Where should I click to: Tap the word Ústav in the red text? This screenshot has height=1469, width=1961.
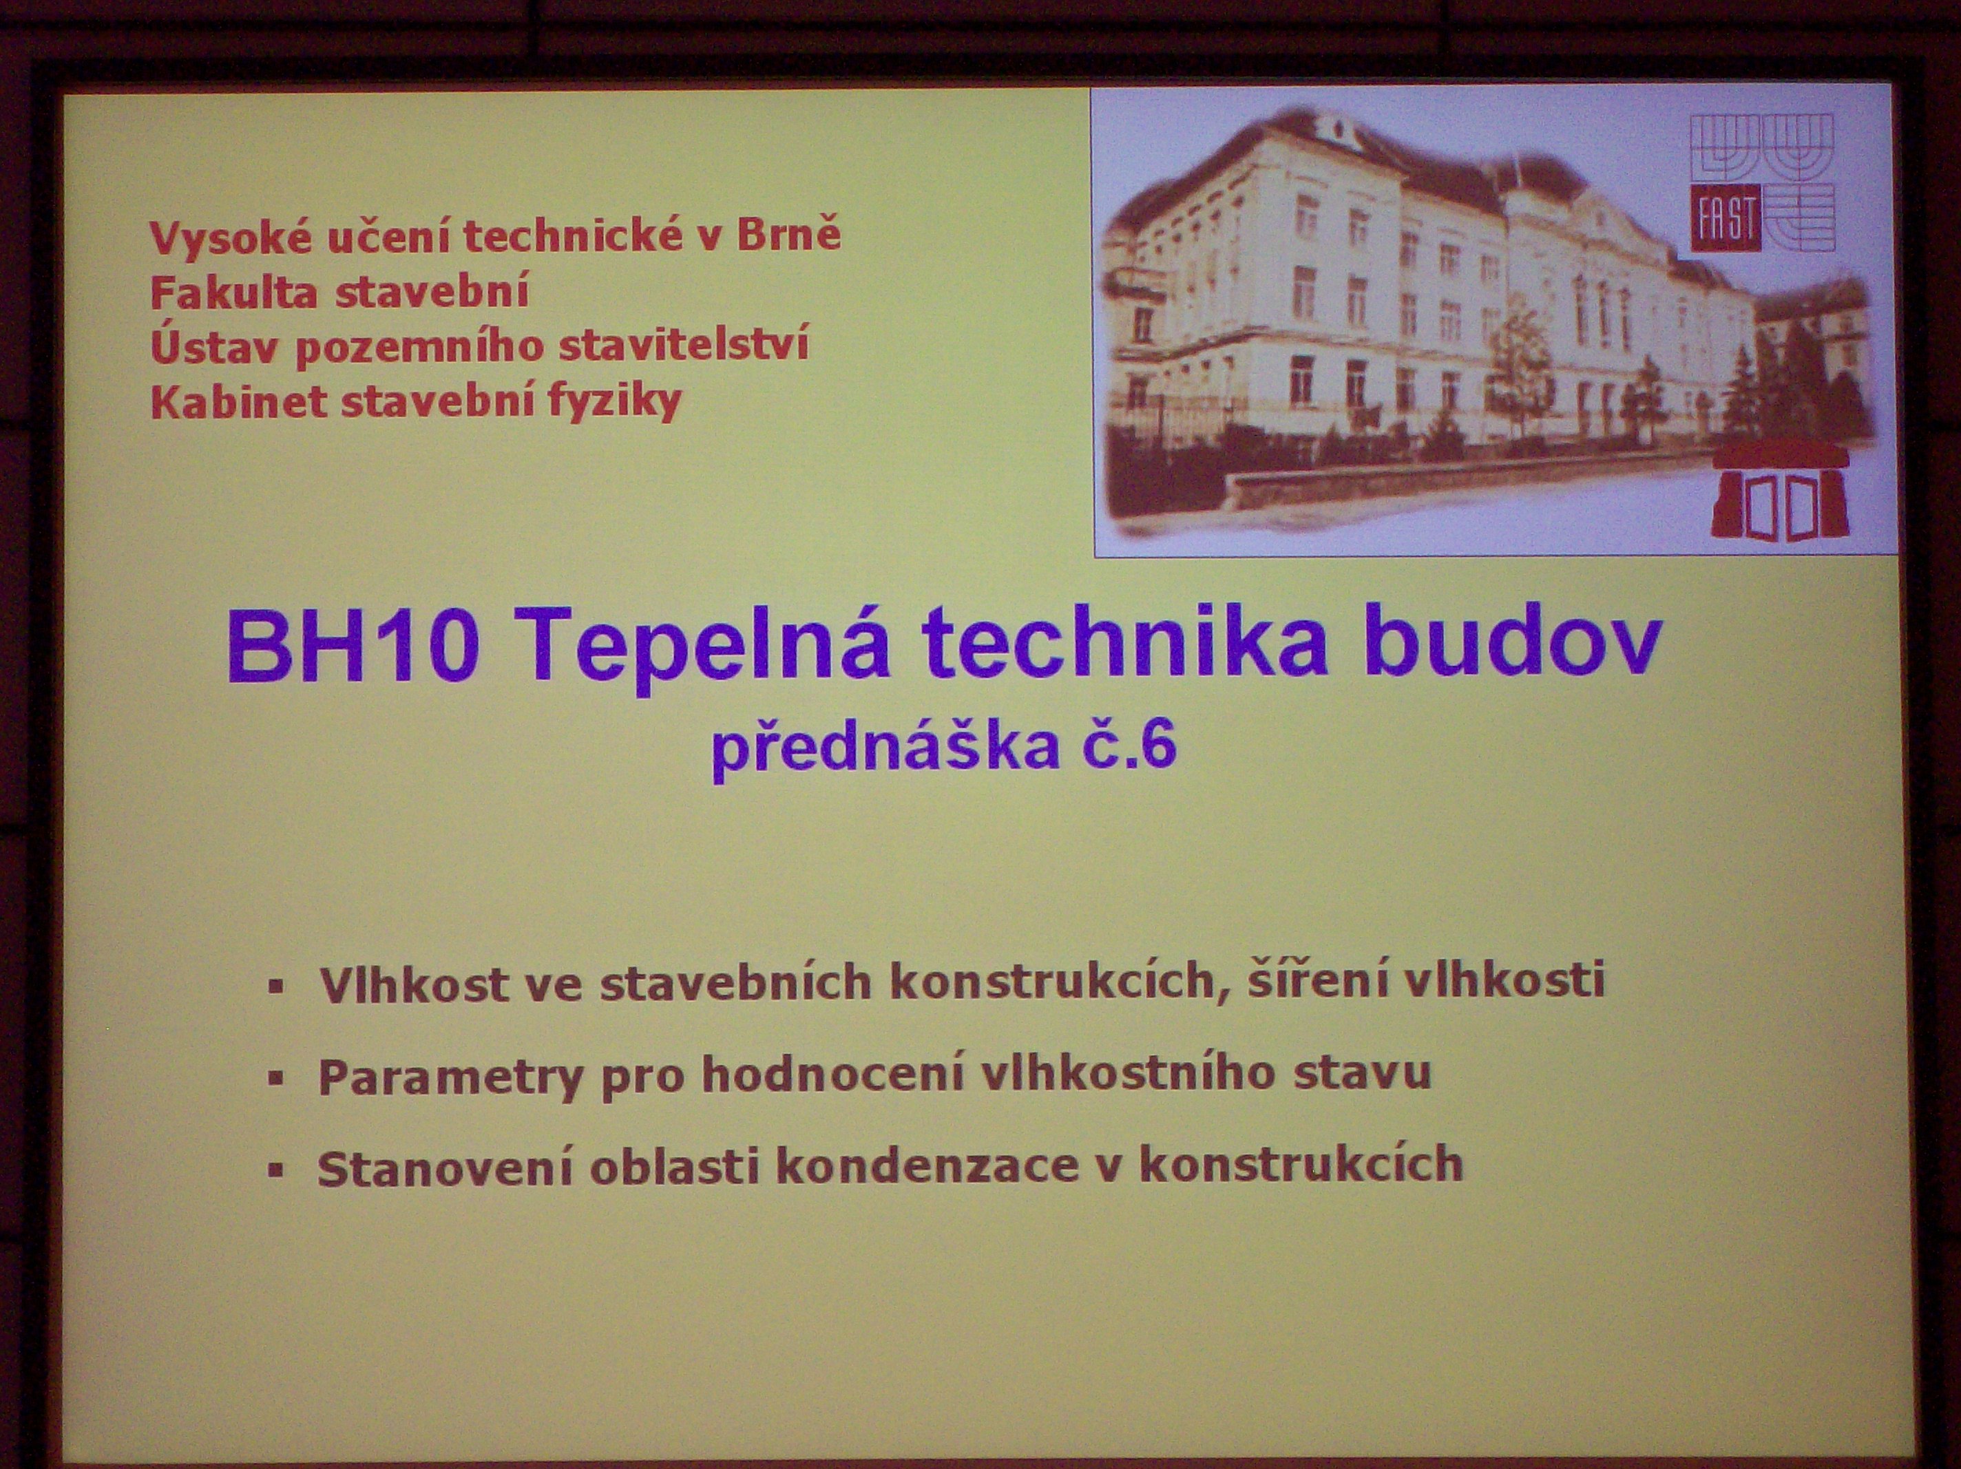(213, 344)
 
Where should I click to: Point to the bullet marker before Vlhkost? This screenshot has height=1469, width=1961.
(277, 986)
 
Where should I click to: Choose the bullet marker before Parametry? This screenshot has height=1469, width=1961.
(277, 1078)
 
